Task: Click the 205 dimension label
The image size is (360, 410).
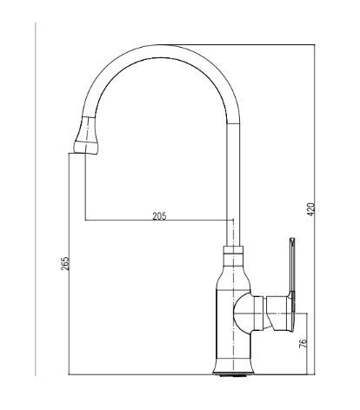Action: point(159,216)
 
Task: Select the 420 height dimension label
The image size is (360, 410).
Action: point(310,209)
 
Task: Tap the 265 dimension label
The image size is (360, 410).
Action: point(66,263)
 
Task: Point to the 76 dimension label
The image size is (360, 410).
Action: point(303,343)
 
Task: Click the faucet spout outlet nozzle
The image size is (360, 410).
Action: point(86,136)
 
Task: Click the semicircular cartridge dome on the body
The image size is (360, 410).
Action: point(242,314)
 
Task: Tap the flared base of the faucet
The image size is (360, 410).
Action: point(233,367)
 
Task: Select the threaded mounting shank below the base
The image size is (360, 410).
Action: point(234,375)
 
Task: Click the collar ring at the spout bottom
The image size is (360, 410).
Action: point(233,250)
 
